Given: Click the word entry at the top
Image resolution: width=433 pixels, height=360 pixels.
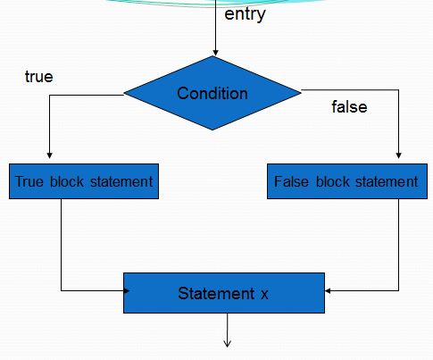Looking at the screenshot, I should [245, 15].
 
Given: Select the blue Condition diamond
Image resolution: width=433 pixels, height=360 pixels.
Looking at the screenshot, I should [212, 93].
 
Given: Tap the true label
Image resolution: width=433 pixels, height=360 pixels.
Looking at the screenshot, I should [38, 77].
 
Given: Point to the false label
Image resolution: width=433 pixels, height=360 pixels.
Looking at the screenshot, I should [349, 107].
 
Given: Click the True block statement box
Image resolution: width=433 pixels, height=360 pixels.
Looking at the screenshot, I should [84, 181].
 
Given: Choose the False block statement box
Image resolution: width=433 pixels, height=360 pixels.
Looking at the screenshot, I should [346, 181].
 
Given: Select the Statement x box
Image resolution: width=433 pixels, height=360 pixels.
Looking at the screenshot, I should [223, 293].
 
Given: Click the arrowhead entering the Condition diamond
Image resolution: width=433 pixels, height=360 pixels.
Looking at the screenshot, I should [215, 53].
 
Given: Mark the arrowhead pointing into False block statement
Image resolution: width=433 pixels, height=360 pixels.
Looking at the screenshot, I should [397, 158].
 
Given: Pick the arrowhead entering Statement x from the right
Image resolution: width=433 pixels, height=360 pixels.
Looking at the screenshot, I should [328, 289].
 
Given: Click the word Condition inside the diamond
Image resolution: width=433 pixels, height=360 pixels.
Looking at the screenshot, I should [212, 94].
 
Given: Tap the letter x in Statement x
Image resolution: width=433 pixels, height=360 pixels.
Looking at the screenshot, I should [264, 294].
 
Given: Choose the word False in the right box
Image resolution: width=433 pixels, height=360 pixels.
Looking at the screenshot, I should [292, 181].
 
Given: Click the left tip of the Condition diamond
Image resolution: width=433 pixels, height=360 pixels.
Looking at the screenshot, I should [124, 92].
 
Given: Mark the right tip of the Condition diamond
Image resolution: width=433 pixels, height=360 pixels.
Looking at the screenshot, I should [301, 89].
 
